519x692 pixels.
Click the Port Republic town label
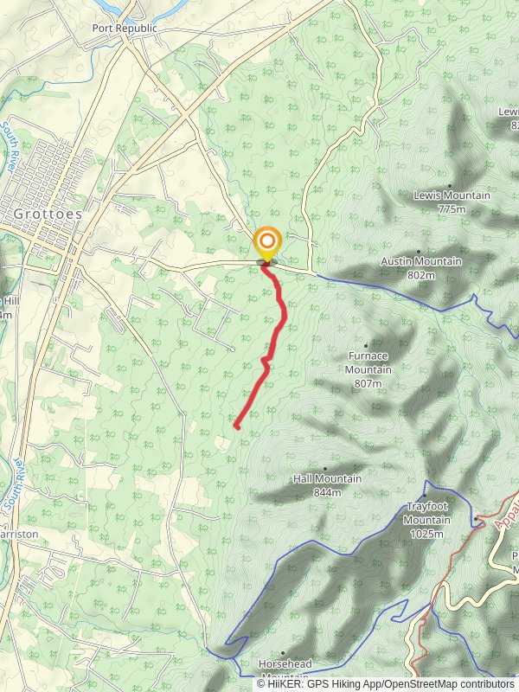click(x=125, y=28)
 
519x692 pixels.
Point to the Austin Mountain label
click(x=421, y=261)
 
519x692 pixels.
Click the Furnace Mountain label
click(x=369, y=362)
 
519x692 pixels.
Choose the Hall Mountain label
click(x=327, y=478)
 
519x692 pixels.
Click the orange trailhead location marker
click(x=267, y=241)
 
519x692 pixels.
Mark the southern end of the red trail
click(x=236, y=426)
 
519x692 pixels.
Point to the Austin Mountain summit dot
click(x=419, y=252)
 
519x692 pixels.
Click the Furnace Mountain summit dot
click(x=366, y=345)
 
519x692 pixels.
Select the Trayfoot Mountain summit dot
click(x=426, y=496)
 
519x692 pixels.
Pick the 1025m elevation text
click(x=426, y=534)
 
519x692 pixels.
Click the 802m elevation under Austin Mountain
click(x=421, y=275)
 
